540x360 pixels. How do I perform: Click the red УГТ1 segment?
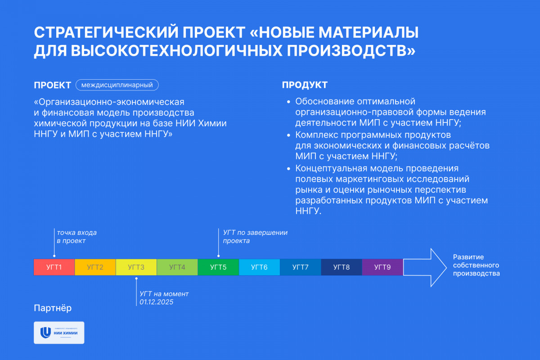tap(54, 267)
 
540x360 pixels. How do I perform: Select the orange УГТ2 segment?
tap(95, 267)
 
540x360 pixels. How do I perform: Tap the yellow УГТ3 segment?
tap(136, 267)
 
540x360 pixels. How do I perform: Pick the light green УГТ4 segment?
tap(177, 267)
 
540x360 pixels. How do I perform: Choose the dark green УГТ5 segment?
tap(218, 267)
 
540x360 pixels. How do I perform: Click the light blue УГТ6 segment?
tap(259, 267)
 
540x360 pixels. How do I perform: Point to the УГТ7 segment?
tap(301, 267)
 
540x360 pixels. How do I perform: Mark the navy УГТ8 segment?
tap(342, 267)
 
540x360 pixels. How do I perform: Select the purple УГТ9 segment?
tap(382, 267)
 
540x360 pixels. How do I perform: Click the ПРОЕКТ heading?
tap(52, 85)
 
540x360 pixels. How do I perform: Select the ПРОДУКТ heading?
tap(305, 85)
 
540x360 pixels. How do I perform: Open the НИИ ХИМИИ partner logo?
tap(59, 333)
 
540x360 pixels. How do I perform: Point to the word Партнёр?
tap(53, 308)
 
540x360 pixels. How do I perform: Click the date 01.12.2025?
tap(156, 302)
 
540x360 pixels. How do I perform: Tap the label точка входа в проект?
tap(76, 237)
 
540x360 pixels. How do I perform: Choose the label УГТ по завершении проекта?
tap(255, 237)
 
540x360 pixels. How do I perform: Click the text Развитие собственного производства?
tap(477, 265)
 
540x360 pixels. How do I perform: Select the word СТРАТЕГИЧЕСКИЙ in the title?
tap(106, 32)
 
